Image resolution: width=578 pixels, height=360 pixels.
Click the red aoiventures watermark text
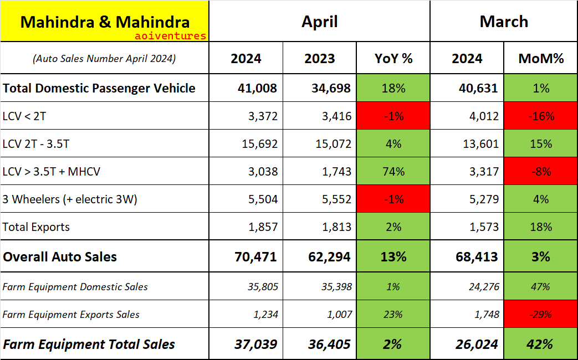point(170,36)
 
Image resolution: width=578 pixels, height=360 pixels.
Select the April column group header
point(319,22)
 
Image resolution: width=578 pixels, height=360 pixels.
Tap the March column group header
point(504,22)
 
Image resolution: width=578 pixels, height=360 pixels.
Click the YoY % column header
point(393,59)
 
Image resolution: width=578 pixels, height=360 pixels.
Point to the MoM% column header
point(540,59)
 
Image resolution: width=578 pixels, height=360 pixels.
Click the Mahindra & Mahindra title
point(105,22)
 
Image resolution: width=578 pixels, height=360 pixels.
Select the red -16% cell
point(540,116)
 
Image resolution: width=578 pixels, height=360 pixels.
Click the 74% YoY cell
point(393,172)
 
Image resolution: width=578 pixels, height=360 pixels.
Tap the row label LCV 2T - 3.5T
point(37,144)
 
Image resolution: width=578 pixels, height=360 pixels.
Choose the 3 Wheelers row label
point(70,199)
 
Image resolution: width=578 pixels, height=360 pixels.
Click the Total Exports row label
point(37,227)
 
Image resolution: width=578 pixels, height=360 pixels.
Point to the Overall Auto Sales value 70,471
point(253,257)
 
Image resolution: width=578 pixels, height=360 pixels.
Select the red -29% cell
point(540,315)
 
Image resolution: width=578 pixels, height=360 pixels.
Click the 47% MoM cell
point(540,287)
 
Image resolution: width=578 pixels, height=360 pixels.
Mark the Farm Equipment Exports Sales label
point(71,315)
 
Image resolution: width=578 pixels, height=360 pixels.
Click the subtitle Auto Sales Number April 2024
point(105,59)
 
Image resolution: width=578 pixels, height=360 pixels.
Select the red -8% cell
point(540,172)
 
